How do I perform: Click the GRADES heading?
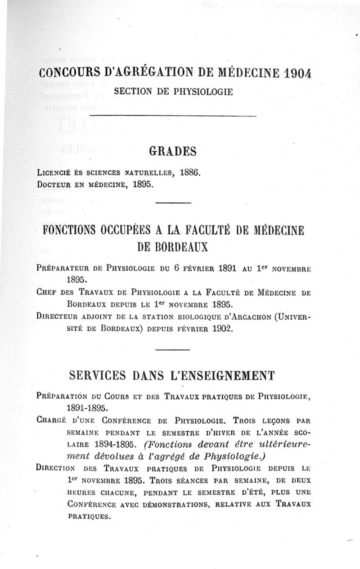[x=173, y=152]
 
